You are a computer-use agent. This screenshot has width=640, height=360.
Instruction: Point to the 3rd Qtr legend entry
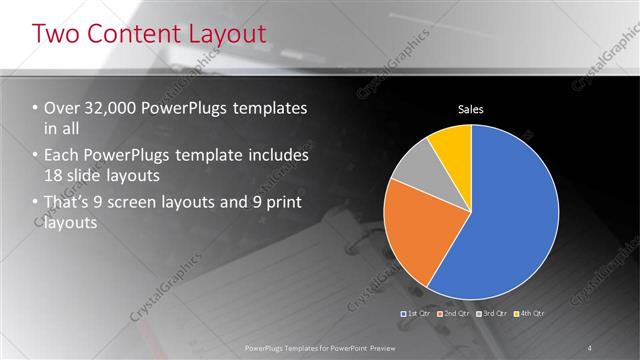coord(491,314)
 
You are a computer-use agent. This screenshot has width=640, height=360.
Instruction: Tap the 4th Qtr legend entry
coord(529,314)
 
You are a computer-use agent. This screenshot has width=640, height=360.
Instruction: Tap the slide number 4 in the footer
coord(590,347)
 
